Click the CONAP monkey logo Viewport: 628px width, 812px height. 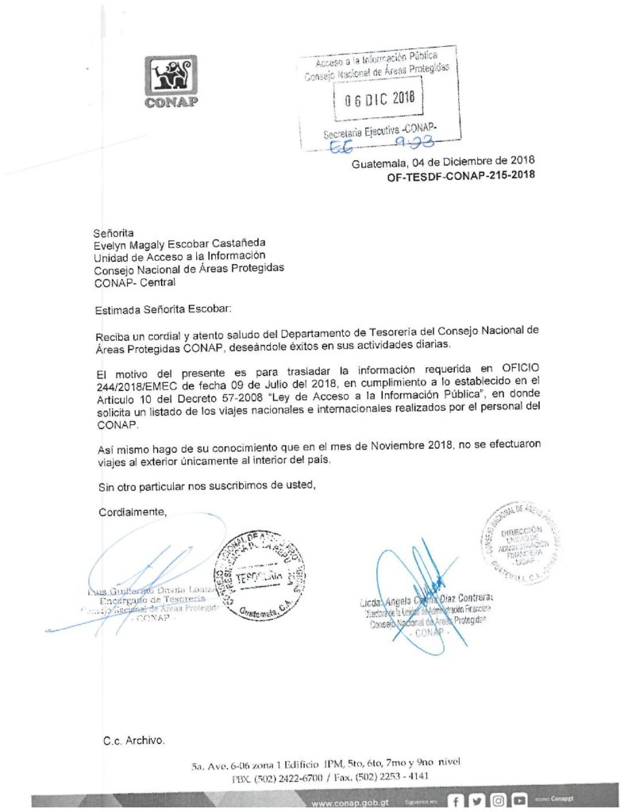(171, 77)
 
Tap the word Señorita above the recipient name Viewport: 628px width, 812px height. (115, 233)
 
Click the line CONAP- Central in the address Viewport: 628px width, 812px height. (134, 282)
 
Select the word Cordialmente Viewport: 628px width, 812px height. (133, 512)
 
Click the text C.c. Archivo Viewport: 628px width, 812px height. (134, 741)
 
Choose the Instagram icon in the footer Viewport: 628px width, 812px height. (499, 802)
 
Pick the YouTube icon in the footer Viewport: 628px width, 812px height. (520, 802)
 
